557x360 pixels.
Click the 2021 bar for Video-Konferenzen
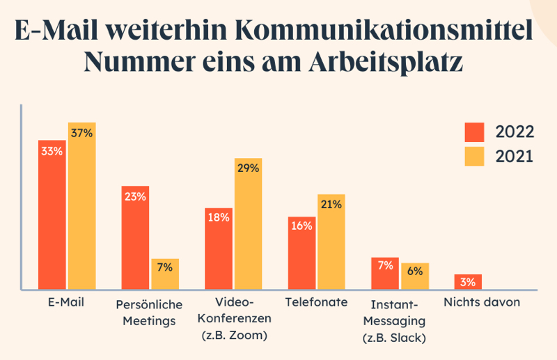coord(248,224)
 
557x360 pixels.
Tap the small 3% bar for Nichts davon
coord(468,281)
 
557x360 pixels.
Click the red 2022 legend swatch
coord(475,132)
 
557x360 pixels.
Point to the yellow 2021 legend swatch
coord(475,157)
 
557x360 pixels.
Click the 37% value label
coord(81,133)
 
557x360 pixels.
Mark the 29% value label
coord(248,168)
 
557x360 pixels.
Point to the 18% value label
coord(218,217)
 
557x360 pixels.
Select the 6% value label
coord(415,272)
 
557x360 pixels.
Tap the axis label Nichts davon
coord(482,303)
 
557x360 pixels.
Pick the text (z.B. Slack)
coord(394,338)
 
